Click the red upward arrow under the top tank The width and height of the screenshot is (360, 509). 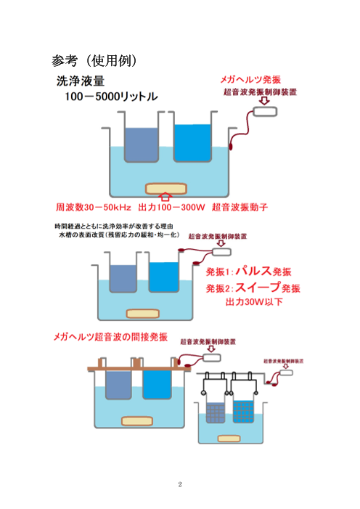[165, 195]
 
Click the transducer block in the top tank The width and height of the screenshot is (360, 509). [165, 187]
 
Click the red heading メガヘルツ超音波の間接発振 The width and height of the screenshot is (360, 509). [110, 337]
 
